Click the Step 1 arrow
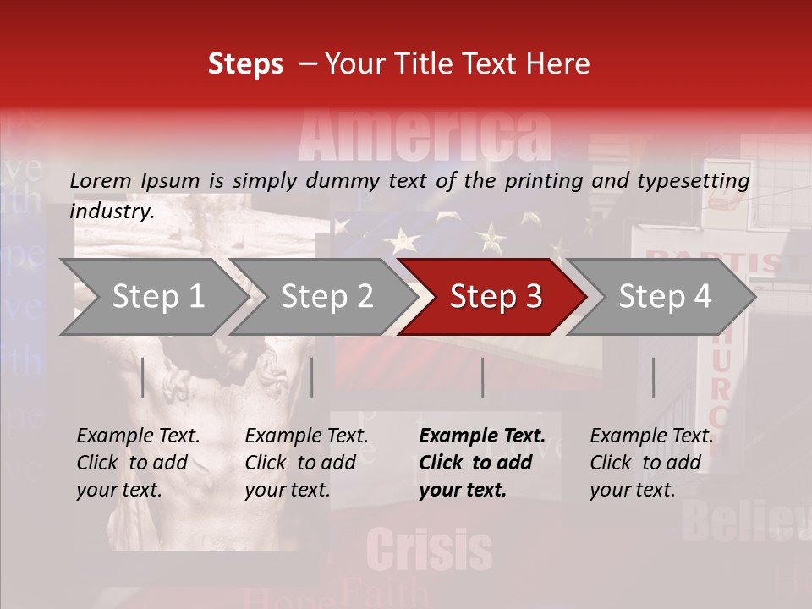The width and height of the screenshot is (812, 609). [x=152, y=297]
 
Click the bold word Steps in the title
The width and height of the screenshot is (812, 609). [x=245, y=64]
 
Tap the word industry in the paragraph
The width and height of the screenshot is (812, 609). [x=111, y=211]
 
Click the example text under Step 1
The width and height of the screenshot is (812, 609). [x=138, y=463]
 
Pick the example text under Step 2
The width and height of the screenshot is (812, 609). [x=306, y=463]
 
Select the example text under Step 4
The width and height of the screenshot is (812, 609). [x=651, y=463]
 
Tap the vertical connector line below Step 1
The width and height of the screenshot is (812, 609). [x=143, y=377]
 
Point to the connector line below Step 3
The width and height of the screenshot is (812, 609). [x=482, y=377]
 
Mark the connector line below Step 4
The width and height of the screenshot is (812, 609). [x=653, y=377]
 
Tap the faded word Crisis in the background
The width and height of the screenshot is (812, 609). [x=430, y=551]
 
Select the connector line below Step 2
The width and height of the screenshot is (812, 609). [x=312, y=377]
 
